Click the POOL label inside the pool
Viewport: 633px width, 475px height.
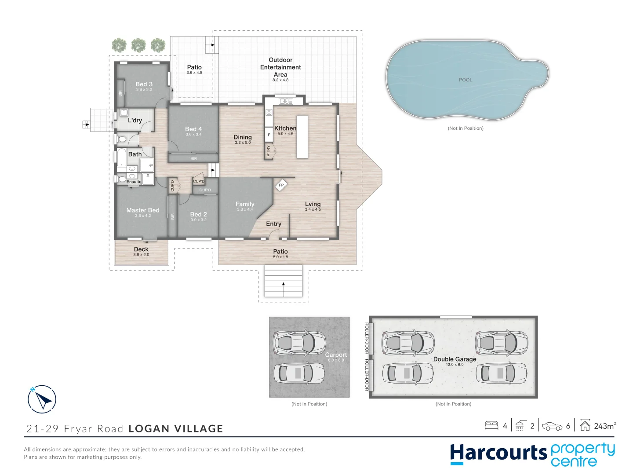[465, 80]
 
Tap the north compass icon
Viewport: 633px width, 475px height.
[42, 399]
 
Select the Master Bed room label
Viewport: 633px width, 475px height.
[143, 210]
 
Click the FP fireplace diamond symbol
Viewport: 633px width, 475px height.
[281, 185]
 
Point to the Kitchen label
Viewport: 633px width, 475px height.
[285, 128]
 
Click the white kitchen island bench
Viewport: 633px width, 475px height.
[302, 137]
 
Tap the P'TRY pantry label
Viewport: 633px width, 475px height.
[269, 151]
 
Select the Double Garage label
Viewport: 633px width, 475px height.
[455, 359]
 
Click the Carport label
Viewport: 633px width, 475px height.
[336, 354]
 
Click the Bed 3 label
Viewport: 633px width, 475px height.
[144, 84]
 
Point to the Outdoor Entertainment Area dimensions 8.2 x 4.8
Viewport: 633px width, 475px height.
[280, 80]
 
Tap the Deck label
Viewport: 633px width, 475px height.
[141, 249]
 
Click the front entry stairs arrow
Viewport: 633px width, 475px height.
[284, 284]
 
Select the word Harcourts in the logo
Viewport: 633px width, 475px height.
[498, 453]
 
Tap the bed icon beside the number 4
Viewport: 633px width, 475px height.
[491, 425]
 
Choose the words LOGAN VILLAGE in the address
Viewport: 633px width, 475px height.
[176, 428]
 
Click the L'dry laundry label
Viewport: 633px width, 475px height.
[135, 120]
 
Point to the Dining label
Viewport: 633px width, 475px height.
[243, 137]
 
